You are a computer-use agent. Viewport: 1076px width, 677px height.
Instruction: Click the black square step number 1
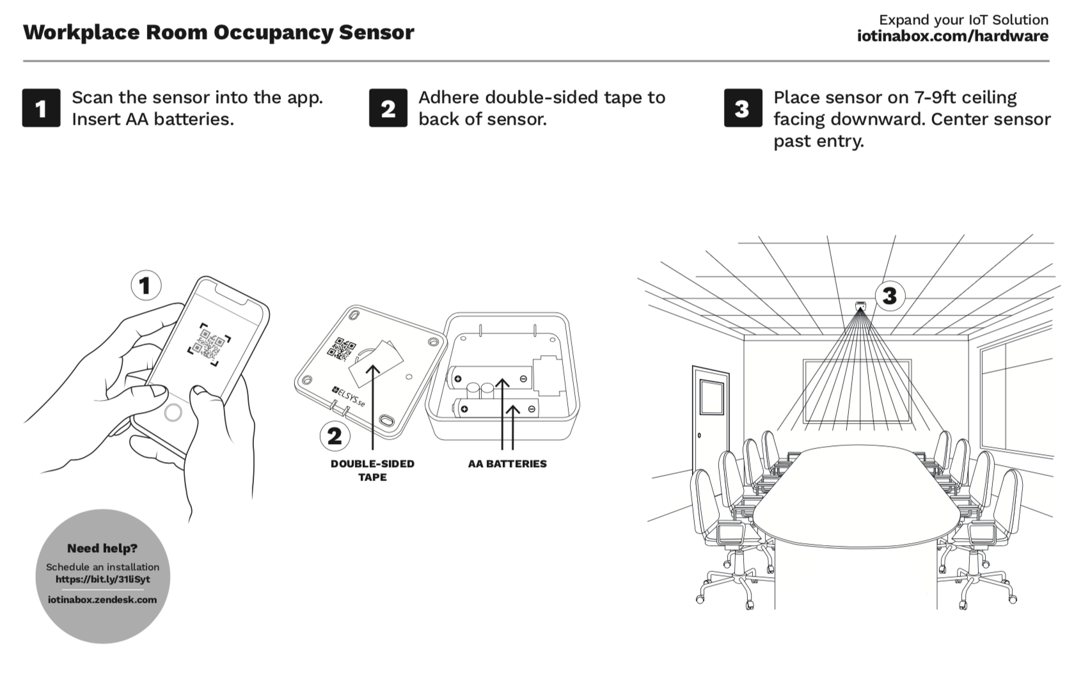click(41, 108)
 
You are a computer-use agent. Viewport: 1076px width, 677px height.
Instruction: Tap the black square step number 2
click(388, 108)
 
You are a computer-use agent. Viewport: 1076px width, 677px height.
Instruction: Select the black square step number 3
click(743, 108)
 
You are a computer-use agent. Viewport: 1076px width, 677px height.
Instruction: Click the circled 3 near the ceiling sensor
click(890, 296)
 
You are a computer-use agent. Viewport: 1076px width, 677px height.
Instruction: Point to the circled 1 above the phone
click(146, 285)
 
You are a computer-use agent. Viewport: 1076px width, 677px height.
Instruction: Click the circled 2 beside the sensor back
click(335, 436)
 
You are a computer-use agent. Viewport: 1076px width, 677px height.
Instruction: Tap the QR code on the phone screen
click(209, 345)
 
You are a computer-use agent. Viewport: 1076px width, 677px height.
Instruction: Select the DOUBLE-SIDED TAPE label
click(372, 470)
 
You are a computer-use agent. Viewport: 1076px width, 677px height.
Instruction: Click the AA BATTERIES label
click(507, 464)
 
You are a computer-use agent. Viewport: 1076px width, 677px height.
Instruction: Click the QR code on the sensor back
click(341, 349)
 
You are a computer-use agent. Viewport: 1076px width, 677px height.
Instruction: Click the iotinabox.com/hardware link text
click(953, 36)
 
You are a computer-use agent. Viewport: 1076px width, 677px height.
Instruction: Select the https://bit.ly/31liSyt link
click(102, 580)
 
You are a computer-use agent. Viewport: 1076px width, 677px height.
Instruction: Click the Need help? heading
click(102, 548)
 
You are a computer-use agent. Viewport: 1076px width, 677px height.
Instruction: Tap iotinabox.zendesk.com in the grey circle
click(102, 600)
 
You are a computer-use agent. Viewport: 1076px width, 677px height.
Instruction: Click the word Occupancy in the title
click(273, 33)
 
